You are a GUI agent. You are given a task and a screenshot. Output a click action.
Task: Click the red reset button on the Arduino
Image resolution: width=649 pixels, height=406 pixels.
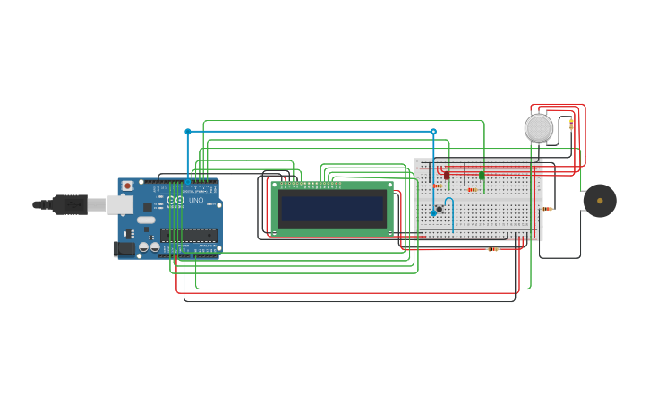pyautogui.click(x=127, y=186)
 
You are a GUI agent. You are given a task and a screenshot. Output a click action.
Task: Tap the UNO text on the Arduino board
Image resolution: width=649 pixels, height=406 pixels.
pyautogui.click(x=195, y=200)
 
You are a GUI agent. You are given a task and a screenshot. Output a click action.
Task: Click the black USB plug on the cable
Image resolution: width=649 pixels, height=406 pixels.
pyautogui.click(x=69, y=205)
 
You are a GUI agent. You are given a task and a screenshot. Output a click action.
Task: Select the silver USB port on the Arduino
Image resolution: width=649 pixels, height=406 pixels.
pyautogui.click(x=120, y=205)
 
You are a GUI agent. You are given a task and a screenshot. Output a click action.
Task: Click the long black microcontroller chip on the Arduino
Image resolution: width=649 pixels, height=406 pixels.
pyautogui.click(x=188, y=236)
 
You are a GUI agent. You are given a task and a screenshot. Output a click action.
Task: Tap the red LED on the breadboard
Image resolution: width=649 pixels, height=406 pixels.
pyautogui.click(x=447, y=175)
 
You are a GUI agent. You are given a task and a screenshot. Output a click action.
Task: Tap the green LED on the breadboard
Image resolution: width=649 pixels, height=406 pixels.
pyautogui.click(x=482, y=175)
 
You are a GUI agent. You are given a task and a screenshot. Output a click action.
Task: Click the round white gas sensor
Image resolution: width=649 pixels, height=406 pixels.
pyautogui.click(x=539, y=128)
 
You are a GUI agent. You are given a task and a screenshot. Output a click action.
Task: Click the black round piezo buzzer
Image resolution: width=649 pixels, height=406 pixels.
pyautogui.click(x=599, y=201)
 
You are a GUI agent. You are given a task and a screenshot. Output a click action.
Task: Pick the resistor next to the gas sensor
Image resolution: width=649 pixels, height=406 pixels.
pyautogui.click(x=571, y=125)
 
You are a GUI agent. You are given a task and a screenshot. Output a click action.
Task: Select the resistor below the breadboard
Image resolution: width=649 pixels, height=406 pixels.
pyautogui.click(x=492, y=249)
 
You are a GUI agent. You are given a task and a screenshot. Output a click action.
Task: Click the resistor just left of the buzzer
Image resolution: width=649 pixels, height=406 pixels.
pyautogui.click(x=548, y=209)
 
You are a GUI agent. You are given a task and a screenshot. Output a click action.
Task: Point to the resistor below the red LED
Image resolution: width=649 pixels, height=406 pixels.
pyautogui.click(x=438, y=186)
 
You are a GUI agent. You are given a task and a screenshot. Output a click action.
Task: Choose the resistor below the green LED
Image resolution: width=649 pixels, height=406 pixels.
pyautogui.click(x=472, y=190)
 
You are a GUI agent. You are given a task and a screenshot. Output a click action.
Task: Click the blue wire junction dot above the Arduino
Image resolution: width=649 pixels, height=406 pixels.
pyautogui.click(x=188, y=132)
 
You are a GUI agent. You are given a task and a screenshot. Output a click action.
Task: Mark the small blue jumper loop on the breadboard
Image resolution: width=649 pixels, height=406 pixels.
pyautogui.click(x=449, y=204)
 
